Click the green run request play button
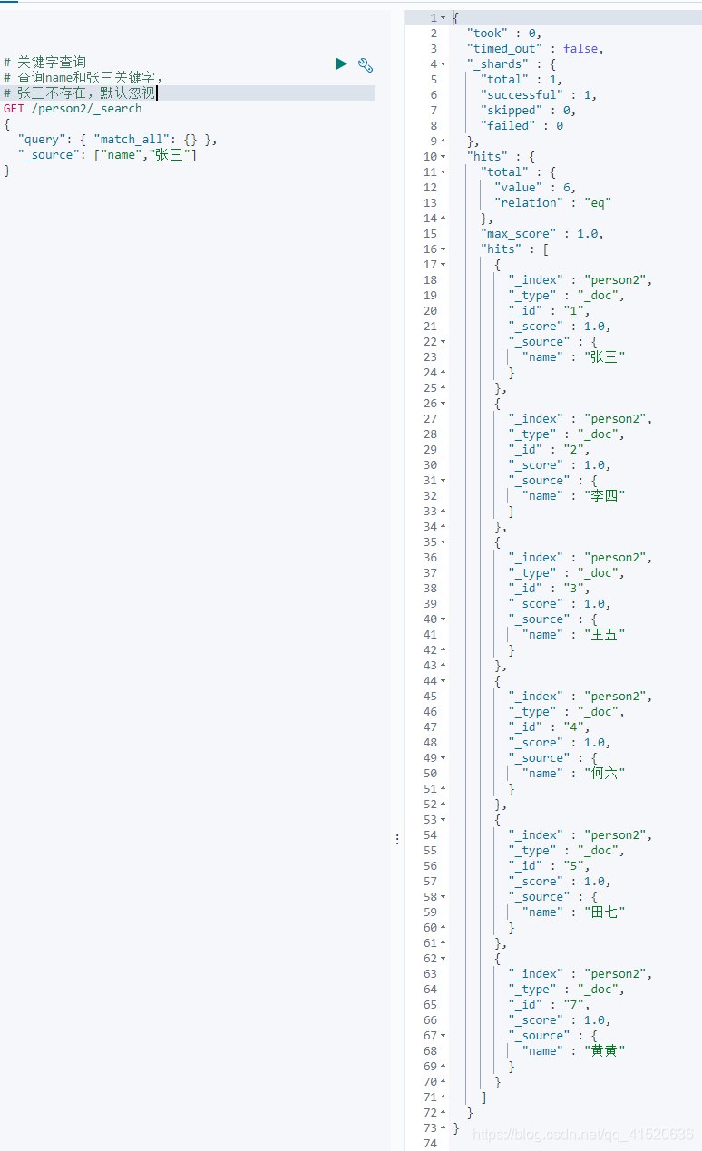(x=341, y=63)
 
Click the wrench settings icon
(x=366, y=64)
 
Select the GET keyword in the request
(x=14, y=109)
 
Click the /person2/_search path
(x=87, y=109)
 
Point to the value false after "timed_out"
(x=581, y=49)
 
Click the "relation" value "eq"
(x=598, y=203)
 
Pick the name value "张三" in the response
(x=604, y=357)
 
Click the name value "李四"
(x=604, y=496)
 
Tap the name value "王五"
(x=604, y=635)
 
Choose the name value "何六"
(x=604, y=774)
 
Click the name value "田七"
(x=604, y=912)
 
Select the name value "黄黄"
(x=604, y=1051)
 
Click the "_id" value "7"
(x=575, y=1005)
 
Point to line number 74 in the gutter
(x=429, y=1144)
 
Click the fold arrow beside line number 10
(x=443, y=157)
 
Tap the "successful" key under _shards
(x=519, y=95)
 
